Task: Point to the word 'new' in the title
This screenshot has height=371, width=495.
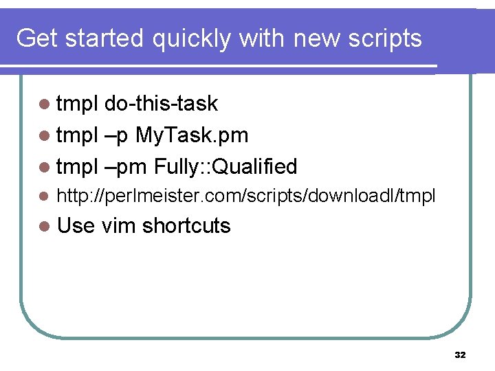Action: (x=315, y=38)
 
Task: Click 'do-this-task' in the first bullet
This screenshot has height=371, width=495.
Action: (x=162, y=104)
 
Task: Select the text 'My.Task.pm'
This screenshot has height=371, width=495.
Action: (x=192, y=135)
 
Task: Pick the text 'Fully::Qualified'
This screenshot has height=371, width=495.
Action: (x=225, y=166)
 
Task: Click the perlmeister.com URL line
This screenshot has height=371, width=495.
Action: (x=245, y=196)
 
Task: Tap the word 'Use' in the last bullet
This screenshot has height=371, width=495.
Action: (x=76, y=225)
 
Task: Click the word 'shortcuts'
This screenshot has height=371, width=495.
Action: (x=186, y=225)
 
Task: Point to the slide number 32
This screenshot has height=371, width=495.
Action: (x=460, y=355)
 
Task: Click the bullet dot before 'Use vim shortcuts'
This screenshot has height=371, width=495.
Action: (x=45, y=226)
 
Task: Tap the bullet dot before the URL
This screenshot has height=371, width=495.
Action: (x=45, y=197)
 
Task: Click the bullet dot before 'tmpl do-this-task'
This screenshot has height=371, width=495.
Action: (x=45, y=104)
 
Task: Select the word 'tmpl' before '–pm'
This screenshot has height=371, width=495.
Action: (x=78, y=166)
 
